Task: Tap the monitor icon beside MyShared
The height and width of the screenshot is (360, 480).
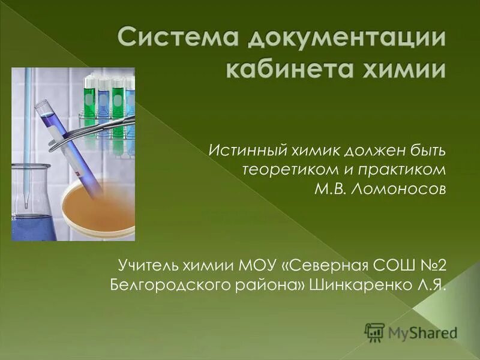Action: pos(374,331)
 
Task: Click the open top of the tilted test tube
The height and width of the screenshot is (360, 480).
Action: pos(43,107)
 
